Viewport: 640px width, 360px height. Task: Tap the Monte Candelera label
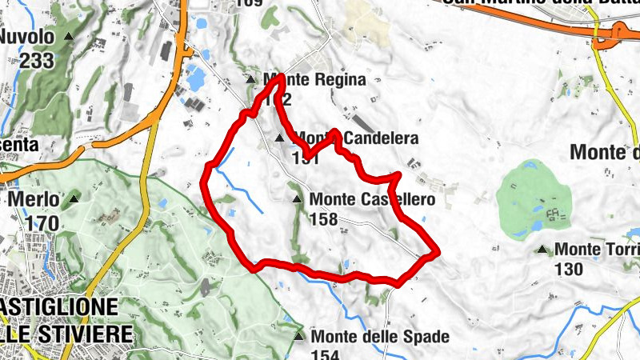(x=357, y=138)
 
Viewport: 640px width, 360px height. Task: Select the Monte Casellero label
(x=372, y=198)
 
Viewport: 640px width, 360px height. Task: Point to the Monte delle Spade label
(x=380, y=337)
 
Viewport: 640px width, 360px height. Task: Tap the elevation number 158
(x=323, y=218)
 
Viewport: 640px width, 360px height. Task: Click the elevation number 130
(x=568, y=270)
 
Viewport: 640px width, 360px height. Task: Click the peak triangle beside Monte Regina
(x=250, y=80)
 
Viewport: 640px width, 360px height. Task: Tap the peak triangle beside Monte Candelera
(x=279, y=138)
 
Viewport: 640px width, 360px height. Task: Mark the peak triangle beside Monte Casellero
(x=297, y=198)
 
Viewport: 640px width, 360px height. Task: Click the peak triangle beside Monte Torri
(x=543, y=250)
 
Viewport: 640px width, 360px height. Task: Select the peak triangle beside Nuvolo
(x=69, y=37)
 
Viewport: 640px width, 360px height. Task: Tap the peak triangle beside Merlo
(x=74, y=198)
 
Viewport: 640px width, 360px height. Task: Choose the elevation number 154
(x=326, y=355)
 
